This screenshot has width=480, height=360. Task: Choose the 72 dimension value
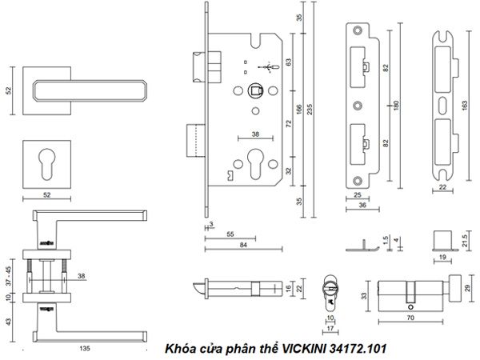coord(288,125)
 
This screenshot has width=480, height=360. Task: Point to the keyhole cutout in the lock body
coord(257,160)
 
